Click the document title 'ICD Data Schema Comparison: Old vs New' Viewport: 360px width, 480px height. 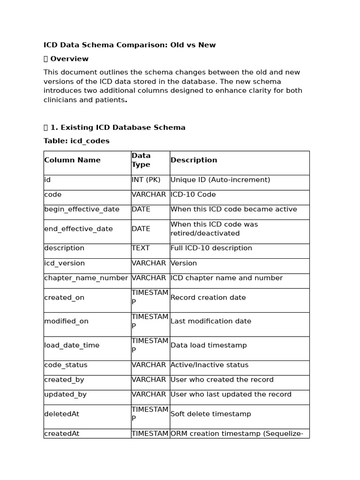click(x=129, y=45)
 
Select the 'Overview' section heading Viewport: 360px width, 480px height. click(x=69, y=59)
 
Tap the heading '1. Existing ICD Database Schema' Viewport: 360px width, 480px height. click(x=118, y=127)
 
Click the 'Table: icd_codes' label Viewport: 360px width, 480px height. click(x=76, y=141)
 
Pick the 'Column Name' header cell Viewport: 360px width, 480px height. click(x=72, y=160)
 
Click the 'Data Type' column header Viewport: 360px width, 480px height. click(x=141, y=160)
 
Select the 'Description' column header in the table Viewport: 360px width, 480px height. click(x=194, y=160)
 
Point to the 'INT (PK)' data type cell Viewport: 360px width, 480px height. click(x=146, y=180)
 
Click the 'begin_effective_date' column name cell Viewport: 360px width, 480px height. click(x=82, y=209)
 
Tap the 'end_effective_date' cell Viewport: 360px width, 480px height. click(x=78, y=229)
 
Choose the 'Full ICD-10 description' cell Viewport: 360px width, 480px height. click(x=211, y=248)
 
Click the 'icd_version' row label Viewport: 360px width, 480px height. click(x=64, y=263)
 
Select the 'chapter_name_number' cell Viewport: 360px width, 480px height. click(x=86, y=278)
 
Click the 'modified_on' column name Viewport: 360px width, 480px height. click(x=66, y=322)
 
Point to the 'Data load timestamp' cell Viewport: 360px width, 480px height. click(x=208, y=345)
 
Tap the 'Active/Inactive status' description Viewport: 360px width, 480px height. click(x=209, y=365)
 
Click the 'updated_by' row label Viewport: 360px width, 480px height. click(x=65, y=395)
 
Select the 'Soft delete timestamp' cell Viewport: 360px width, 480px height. click(x=210, y=414)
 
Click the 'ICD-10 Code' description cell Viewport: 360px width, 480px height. click(x=193, y=195)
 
